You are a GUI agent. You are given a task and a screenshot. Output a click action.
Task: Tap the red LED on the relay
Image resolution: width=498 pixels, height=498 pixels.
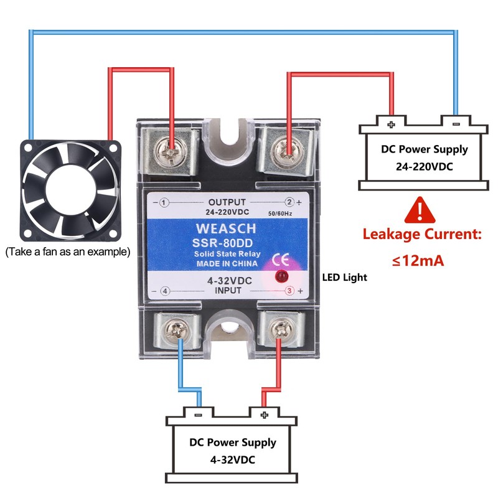[281, 276]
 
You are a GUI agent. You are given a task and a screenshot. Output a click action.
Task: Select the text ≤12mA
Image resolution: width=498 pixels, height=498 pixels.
[418, 260]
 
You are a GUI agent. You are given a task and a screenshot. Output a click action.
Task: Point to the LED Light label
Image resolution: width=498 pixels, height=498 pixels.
[345, 277]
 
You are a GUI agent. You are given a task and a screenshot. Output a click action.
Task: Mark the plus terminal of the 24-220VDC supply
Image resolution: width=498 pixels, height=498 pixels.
[391, 124]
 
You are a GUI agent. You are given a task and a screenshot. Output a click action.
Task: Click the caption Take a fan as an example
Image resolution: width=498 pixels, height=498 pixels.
[68, 252]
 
